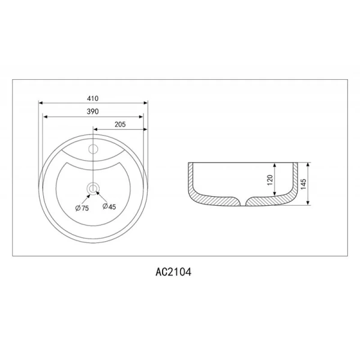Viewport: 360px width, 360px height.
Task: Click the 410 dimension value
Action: coord(93,98)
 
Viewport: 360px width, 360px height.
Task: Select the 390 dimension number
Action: coord(93,112)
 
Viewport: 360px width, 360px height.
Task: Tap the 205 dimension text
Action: coord(121,124)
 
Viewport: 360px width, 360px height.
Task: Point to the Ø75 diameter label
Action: coord(82,208)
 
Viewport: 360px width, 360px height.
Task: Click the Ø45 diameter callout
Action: coord(109,206)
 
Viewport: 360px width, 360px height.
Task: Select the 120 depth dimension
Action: coord(270,180)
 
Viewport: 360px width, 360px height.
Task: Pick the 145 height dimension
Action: coord(303,184)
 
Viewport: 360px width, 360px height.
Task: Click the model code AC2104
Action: coord(173,272)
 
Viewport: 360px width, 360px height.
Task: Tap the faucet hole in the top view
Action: coord(93,149)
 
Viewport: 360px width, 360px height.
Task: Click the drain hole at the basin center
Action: coord(93,189)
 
